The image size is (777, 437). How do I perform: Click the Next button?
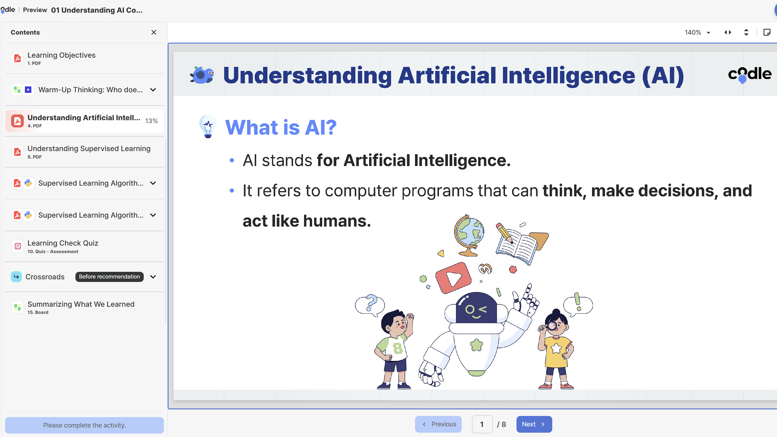pyautogui.click(x=534, y=424)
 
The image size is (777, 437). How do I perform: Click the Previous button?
pyautogui.click(x=438, y=424)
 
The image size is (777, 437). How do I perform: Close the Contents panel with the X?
pyautogui.click(x=153, y=32)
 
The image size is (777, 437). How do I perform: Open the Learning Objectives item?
pyautogui.click(x=61, y=58)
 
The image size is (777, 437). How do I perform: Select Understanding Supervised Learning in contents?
pyautogui.click(x=89, y=152)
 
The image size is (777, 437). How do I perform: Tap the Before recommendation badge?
pyautogui.click(x=109, y=277)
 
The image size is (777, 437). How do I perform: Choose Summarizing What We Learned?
pyautogui.click(x=81, y=307)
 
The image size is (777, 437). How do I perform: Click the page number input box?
pyautogui.click(x=482, y=424)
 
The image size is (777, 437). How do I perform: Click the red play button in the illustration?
pyautogui.click(x=453, y=278)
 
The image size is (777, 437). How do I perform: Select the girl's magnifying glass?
pyautogui.click(x=552, y=326)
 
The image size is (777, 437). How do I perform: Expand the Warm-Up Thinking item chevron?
pyautogui.click(x=153, y=90)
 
